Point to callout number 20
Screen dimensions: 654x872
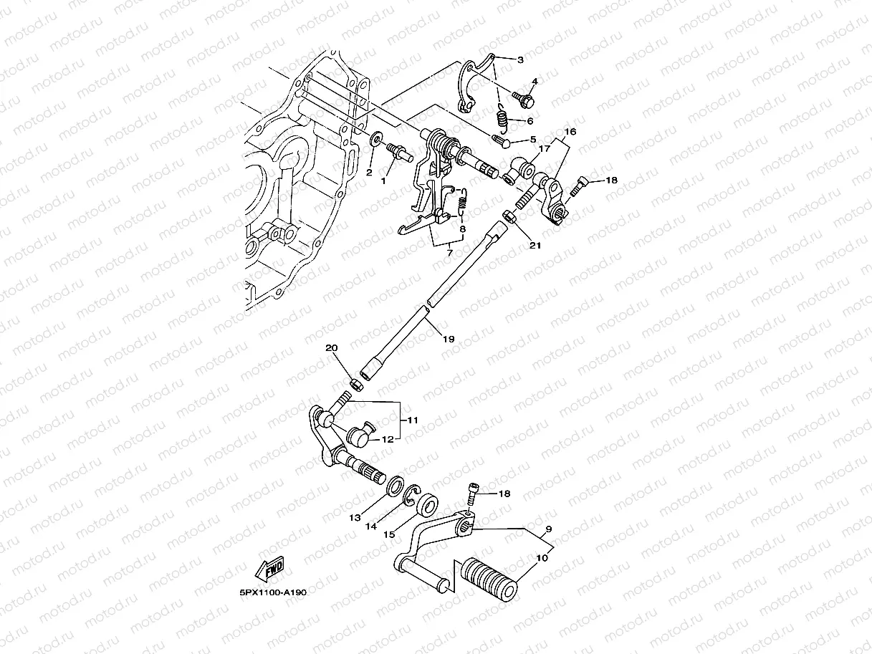(331, 348)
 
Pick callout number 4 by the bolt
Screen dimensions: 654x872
(535, 81)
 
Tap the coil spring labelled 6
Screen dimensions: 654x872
(502, 117)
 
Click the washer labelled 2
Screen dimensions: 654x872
(376, 138)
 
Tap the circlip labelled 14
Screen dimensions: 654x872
(412, 496)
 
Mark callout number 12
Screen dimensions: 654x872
(388, 439)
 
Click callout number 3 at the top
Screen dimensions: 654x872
(519, 59)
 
